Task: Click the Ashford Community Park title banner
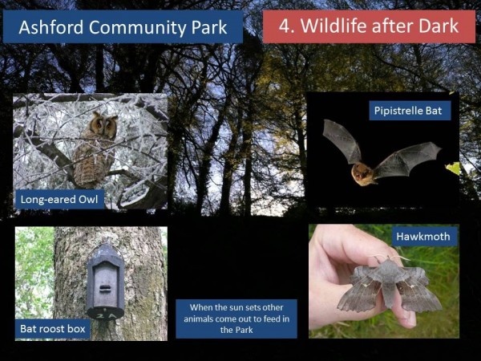123,26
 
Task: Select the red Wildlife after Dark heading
369,26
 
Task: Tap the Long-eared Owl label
59,200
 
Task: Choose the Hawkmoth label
423,237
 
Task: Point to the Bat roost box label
53,329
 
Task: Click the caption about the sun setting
236,318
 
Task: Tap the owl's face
103,125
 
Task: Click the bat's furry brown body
363,174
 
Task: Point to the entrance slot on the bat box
105,288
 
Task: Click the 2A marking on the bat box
105,315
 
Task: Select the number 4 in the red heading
284,26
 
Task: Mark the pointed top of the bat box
105,244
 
